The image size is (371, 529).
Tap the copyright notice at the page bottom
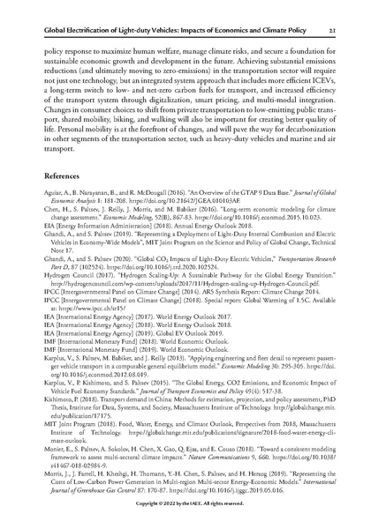point(185,513)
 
